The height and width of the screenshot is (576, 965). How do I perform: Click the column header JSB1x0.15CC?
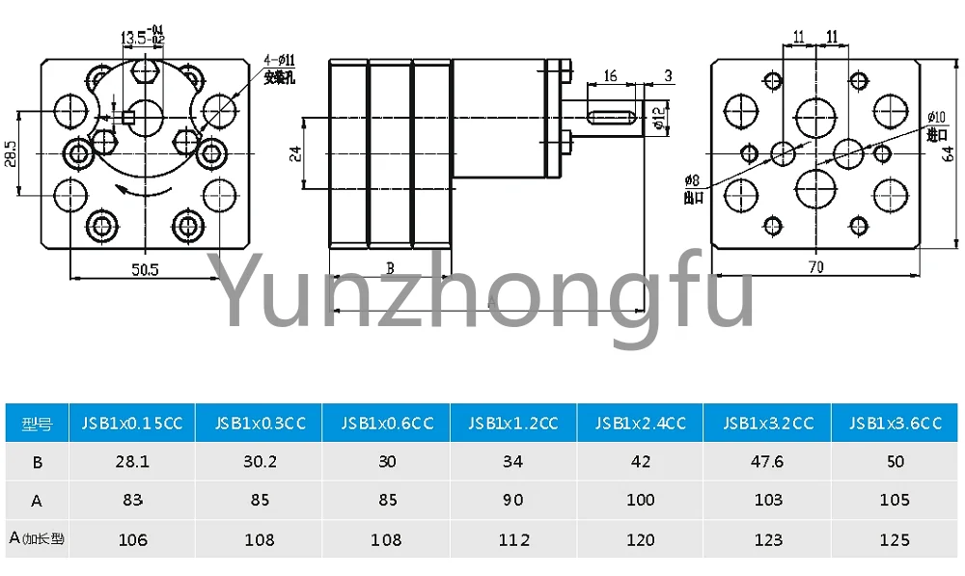[x=132, y=424]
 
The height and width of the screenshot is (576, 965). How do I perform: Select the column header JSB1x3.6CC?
[x=896, y=424]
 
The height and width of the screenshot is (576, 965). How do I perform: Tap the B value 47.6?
[x=768, y=462]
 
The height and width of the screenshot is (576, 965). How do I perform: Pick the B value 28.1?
[x=132, y=462]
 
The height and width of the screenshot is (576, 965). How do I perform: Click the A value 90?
[x=513, y=501]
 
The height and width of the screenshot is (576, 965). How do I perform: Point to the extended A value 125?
[x=896, y=540]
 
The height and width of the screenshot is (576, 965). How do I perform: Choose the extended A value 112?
[x=513, y=540]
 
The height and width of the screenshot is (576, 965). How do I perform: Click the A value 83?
[x=132, y=501]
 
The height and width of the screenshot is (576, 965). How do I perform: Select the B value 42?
[x=641, y=462]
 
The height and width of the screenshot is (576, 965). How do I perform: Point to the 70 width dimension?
[x=816, y=267]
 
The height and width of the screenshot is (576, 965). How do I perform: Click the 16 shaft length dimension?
[x=610, y=76]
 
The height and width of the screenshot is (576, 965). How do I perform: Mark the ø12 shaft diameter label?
[x=657, y=118]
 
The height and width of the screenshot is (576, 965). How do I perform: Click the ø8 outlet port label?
[x=691, y=187]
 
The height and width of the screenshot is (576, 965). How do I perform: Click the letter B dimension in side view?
[x=390, y=268]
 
